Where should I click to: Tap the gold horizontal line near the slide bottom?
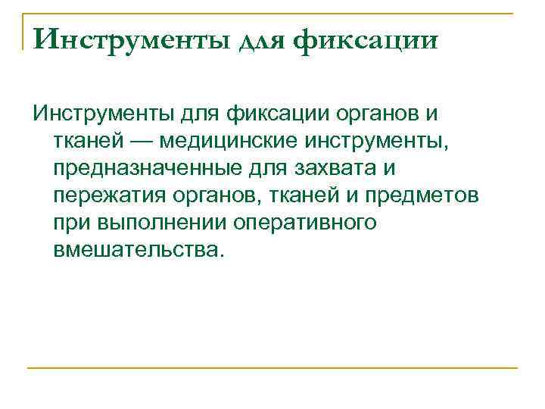point(272,368)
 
